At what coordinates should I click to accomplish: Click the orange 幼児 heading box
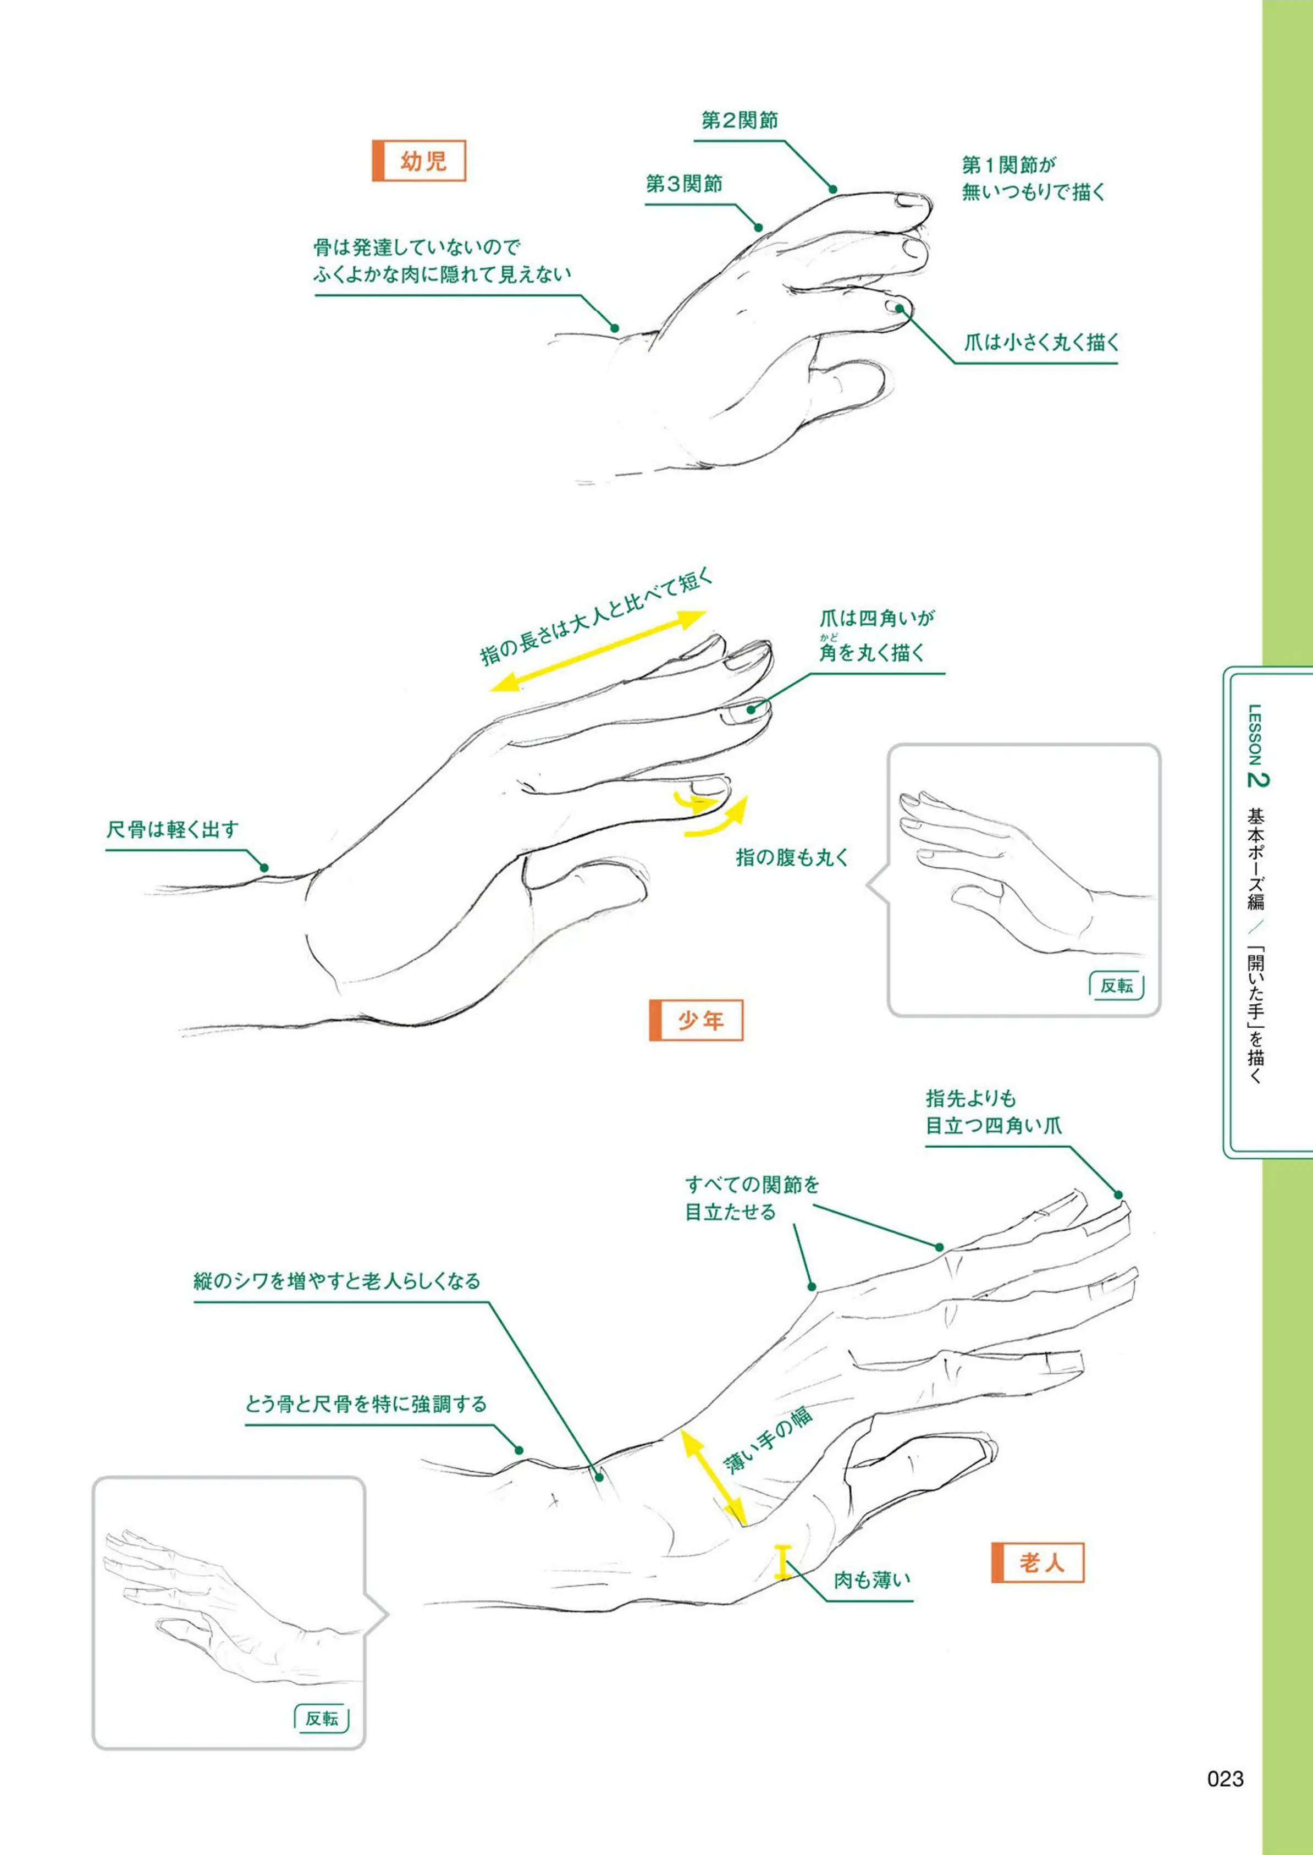(x=419, y=161)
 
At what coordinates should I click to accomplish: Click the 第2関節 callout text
(x=739, y=120)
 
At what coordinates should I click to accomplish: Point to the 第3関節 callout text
(x=683, y=184)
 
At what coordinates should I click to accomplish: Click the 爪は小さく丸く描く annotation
(x=1041, y=342)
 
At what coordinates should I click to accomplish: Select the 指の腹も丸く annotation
(x=792, y=857)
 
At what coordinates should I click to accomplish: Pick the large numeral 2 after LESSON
(x=1258, y=779)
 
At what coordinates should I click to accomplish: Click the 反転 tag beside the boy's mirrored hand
(x=1117, y=985)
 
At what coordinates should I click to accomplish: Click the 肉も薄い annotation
(x=871, y=1579)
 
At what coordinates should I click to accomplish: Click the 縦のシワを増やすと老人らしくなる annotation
(x=337, y=1281)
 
